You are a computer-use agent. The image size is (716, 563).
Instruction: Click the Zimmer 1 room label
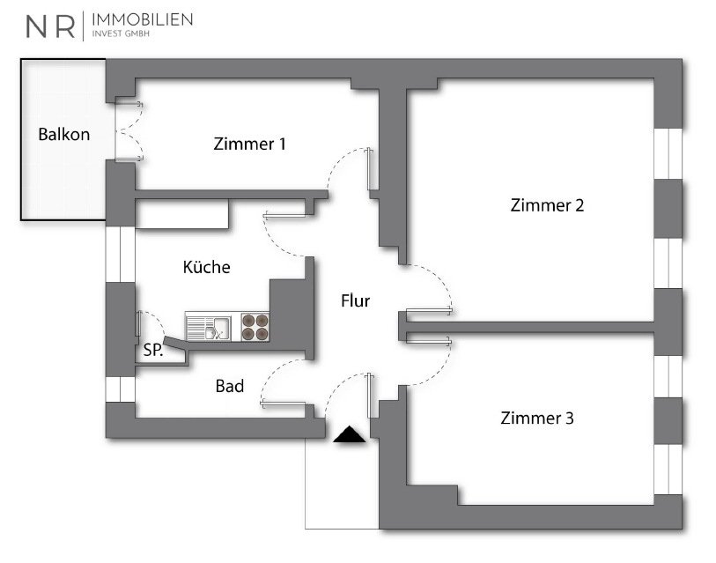(249, 144)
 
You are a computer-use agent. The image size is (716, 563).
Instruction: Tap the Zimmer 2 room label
(547, 205)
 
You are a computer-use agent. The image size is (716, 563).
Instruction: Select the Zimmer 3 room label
(536, 419)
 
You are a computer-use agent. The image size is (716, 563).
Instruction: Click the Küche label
(206, 267)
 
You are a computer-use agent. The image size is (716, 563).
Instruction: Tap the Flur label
(355, 300)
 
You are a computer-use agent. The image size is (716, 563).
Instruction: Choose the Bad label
(229, 386)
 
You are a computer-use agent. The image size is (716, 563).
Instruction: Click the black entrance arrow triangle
(351, 434)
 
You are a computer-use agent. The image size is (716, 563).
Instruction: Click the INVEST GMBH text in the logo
(122, 35)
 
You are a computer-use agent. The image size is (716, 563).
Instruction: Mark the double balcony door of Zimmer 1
(126, 130)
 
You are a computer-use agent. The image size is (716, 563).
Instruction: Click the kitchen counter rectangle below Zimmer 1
(181, 214)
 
